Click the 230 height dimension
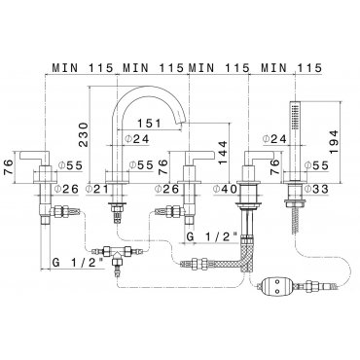tap(83, 134)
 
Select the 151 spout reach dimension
tap(149, 124)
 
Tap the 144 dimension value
tap(223, 153)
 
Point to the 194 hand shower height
tap(333, 142)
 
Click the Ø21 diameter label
tap(97, 189)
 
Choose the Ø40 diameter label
tap(225, 189)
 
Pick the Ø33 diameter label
tap(316, 189)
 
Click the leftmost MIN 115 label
tap(83, 68)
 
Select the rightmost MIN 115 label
tap(292, 68)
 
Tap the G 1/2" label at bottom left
tap(78, 263)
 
